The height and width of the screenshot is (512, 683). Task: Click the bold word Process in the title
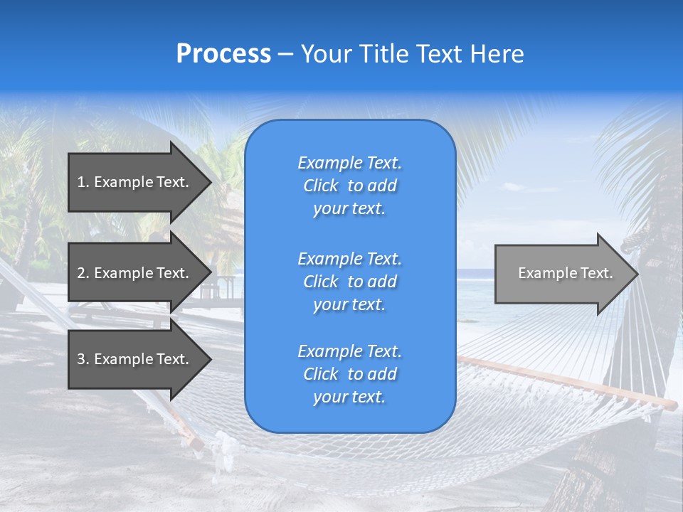point(223,54)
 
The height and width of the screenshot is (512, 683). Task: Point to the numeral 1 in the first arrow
point(81,182)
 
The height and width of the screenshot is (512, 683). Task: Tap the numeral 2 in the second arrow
point(81,273)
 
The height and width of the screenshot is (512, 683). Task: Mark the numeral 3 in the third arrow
point(81,359)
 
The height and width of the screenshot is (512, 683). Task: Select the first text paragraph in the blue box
point(349,186)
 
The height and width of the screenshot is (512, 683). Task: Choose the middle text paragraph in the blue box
point(349,282)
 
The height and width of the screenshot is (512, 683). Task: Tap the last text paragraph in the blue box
point(349,374)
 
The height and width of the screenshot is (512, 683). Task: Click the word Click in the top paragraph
point(321,186)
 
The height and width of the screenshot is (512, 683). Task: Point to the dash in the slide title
point(285,54)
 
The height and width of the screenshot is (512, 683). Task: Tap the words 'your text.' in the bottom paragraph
point(349,397)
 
